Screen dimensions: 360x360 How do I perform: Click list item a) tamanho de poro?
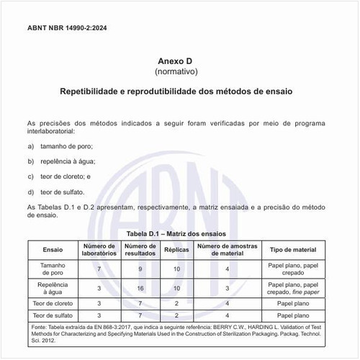pos(66,146)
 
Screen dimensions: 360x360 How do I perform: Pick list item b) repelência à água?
pos(68,161)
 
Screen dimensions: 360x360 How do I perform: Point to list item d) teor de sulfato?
pos(63,192)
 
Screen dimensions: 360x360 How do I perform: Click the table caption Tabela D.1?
pos(176,234)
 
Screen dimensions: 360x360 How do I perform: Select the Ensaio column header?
pos(53,250)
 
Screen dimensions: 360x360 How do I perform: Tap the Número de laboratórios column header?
pos(99,250)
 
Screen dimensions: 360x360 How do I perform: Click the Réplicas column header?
pos(178,250)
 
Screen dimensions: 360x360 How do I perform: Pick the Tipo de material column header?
pos(293,250)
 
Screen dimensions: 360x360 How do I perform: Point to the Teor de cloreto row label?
pos(53,304)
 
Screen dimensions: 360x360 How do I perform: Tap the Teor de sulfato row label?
pos(53,315)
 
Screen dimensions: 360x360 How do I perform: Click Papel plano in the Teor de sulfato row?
pos(293,315)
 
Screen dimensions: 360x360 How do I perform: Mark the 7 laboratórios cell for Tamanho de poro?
pos(99,269)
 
